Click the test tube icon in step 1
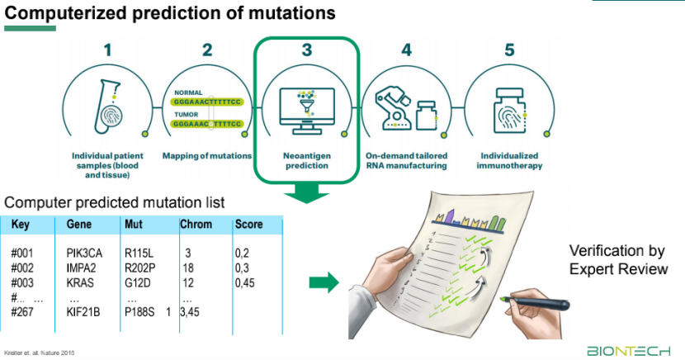coord(106,101)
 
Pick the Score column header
coord(248,224)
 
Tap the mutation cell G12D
coord(136,283)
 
